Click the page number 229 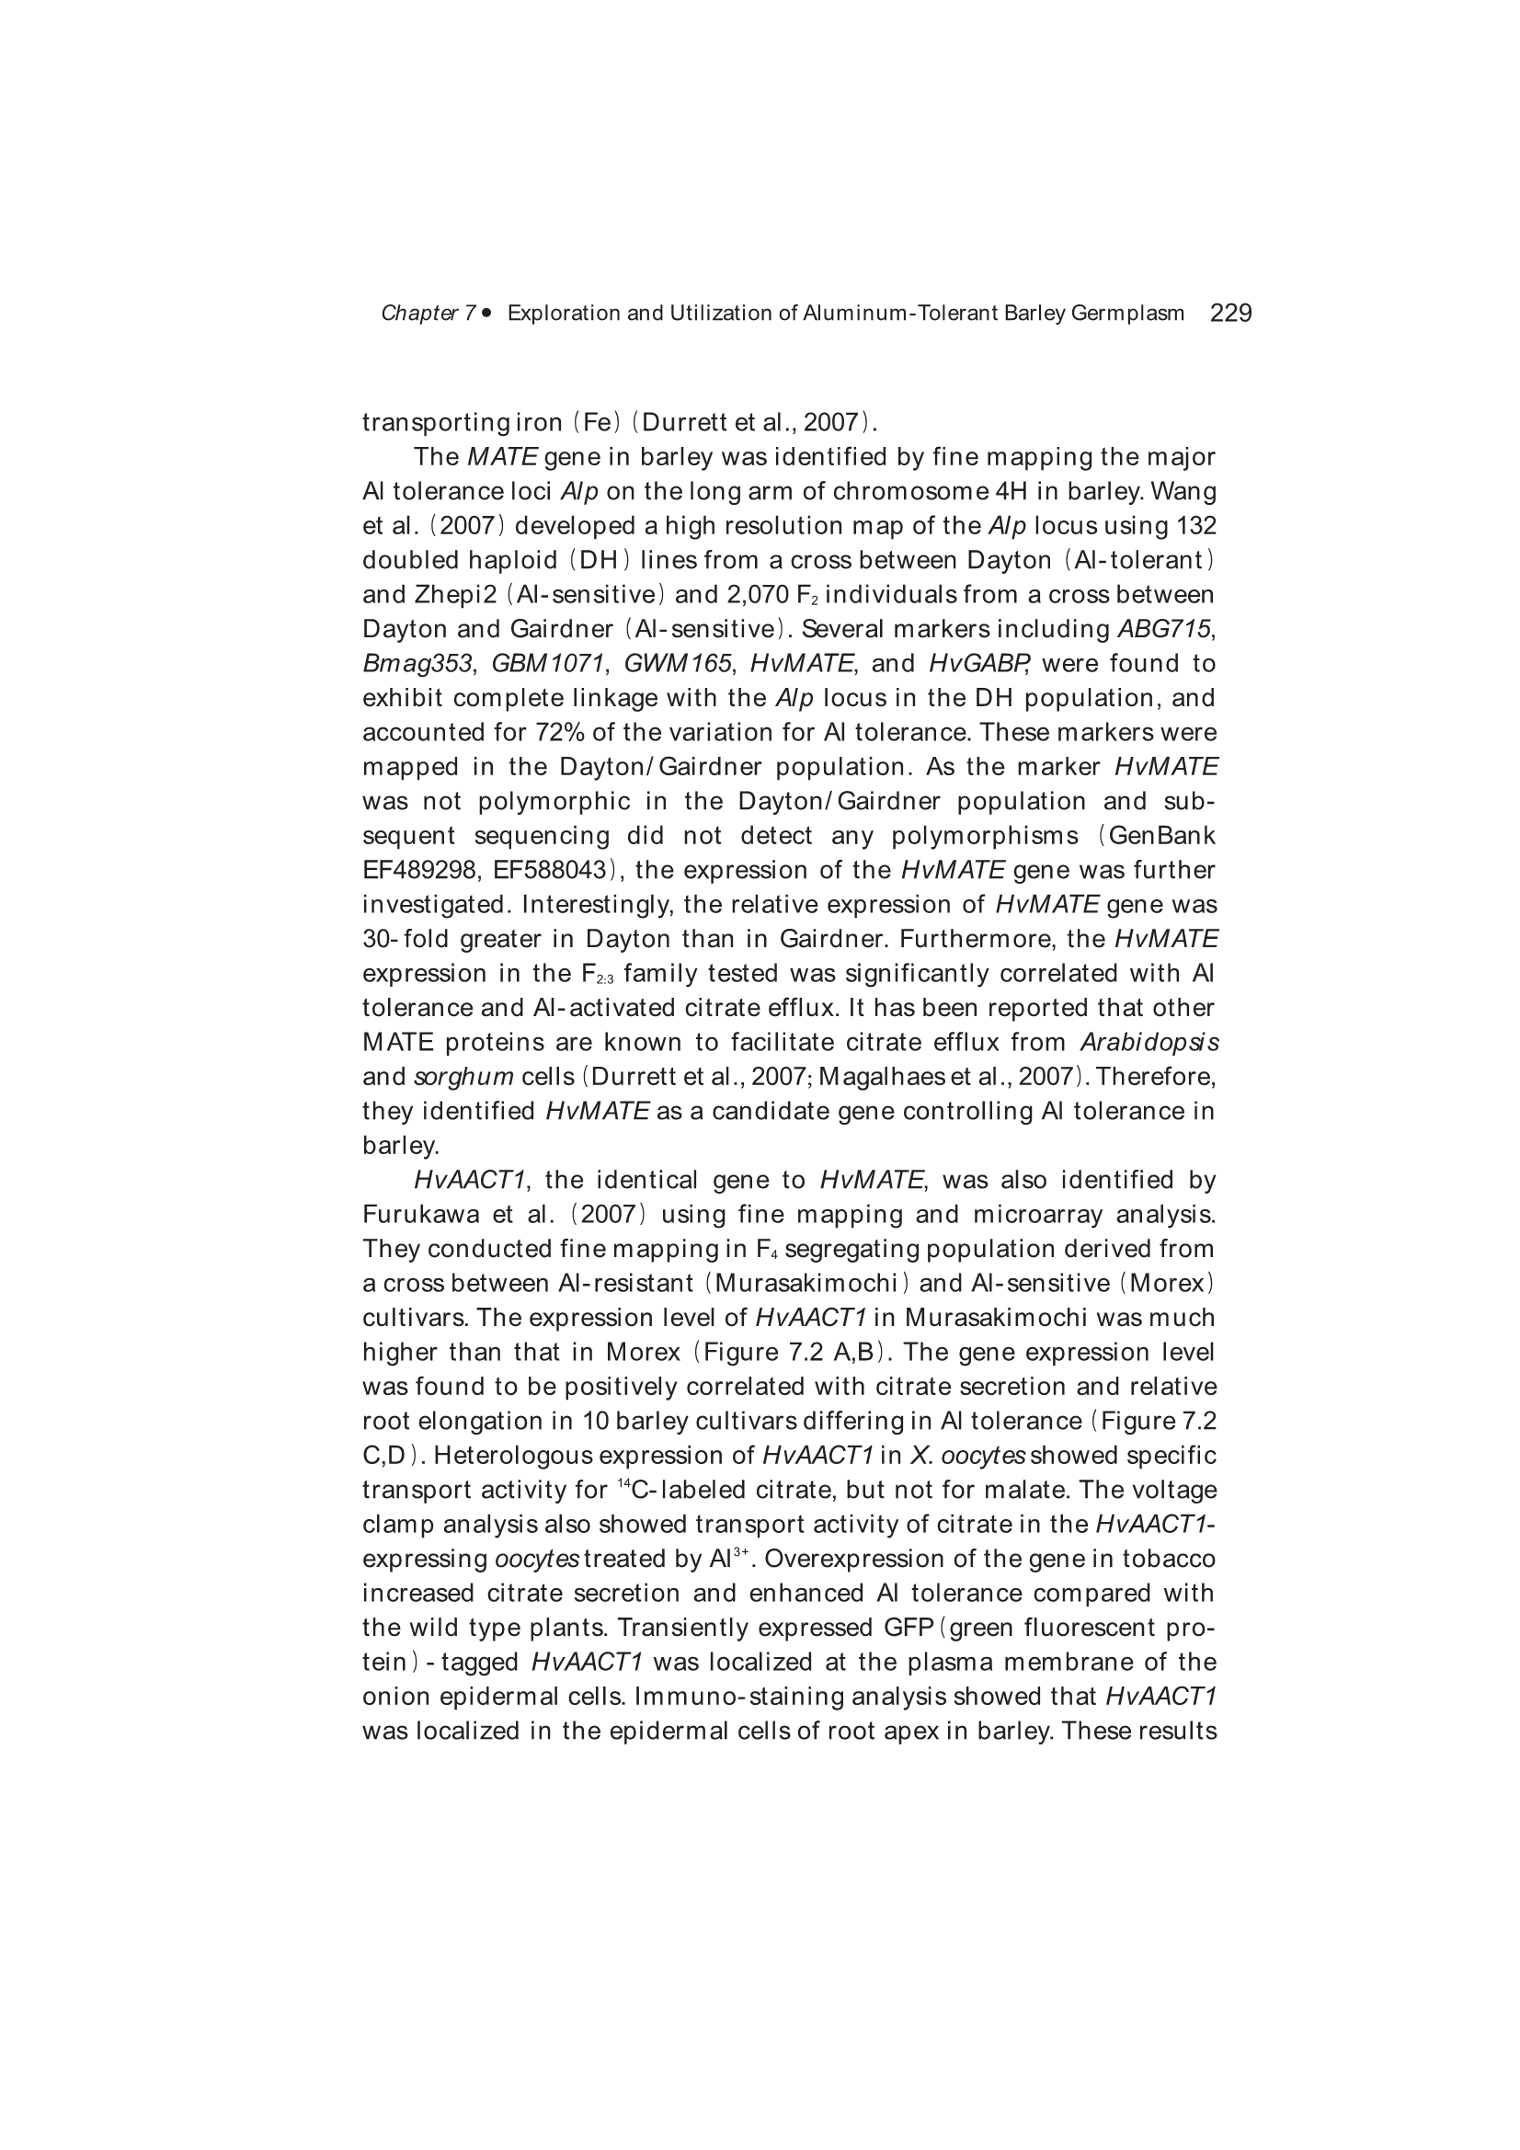1230,314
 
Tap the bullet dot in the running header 487,313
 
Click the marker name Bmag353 417,664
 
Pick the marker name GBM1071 548,664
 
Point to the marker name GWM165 677,664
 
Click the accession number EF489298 421,871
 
